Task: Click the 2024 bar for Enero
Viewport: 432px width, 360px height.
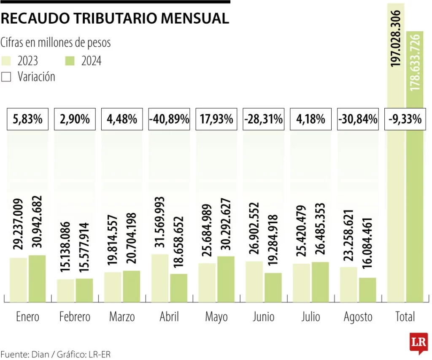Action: tap(37, 279)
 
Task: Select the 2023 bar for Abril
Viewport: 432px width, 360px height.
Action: tap(159, 278)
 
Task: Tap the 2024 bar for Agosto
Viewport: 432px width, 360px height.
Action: tap(367, 290)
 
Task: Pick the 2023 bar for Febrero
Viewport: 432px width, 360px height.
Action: tap(66, 290)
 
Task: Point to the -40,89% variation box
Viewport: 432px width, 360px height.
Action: tap(169, 119)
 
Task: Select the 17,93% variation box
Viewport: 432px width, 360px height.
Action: tap(216, 119)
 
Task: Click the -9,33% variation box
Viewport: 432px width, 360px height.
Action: tap(405, 119)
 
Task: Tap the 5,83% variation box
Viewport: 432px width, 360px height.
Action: tap(28, 119)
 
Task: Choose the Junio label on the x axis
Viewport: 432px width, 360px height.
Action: tap(263, 317)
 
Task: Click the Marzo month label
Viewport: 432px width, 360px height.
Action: tap(122, 317)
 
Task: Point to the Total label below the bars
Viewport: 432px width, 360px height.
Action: tap(405, 317)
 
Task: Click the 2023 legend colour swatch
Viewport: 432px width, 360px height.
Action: tap(6, 61)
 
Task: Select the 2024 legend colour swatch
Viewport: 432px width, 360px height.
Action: tap(70, 61)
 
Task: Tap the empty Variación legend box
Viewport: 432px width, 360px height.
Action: tap(6, 77)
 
